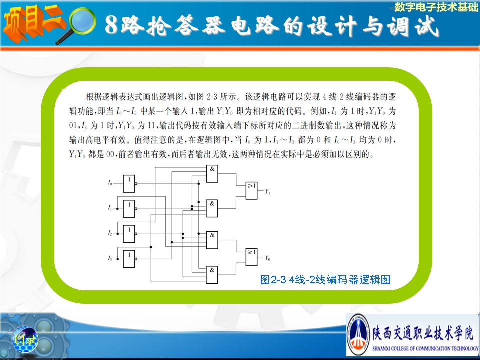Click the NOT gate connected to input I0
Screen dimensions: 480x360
(x=129, y=184)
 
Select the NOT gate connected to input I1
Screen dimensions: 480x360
(x=129, y=209)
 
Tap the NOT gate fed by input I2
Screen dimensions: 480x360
(x=129, y=234)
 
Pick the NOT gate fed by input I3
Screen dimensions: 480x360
(x=129, y=259)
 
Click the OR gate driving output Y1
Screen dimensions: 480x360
(x=252, y=191)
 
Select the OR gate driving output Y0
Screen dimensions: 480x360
(x=252, y=257)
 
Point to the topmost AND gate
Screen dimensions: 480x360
(x=212, y=174)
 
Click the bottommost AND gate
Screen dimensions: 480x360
(x=212, y=275)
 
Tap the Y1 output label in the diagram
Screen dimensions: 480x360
(x=268, y=192)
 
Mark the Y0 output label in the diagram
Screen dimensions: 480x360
(x=268, y=258)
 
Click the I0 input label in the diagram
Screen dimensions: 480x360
(x=110, y=183)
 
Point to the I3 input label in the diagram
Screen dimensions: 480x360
(x=110, y=258)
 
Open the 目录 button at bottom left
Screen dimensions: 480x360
(x=25, y=339)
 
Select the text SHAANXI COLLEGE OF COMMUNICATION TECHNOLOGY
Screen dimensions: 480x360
(x=425, y=348)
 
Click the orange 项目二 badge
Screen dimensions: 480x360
(x=33, y=23)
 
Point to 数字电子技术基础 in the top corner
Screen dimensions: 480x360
(x=436, y=7)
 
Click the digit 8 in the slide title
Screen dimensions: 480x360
(x=111, y=25)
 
